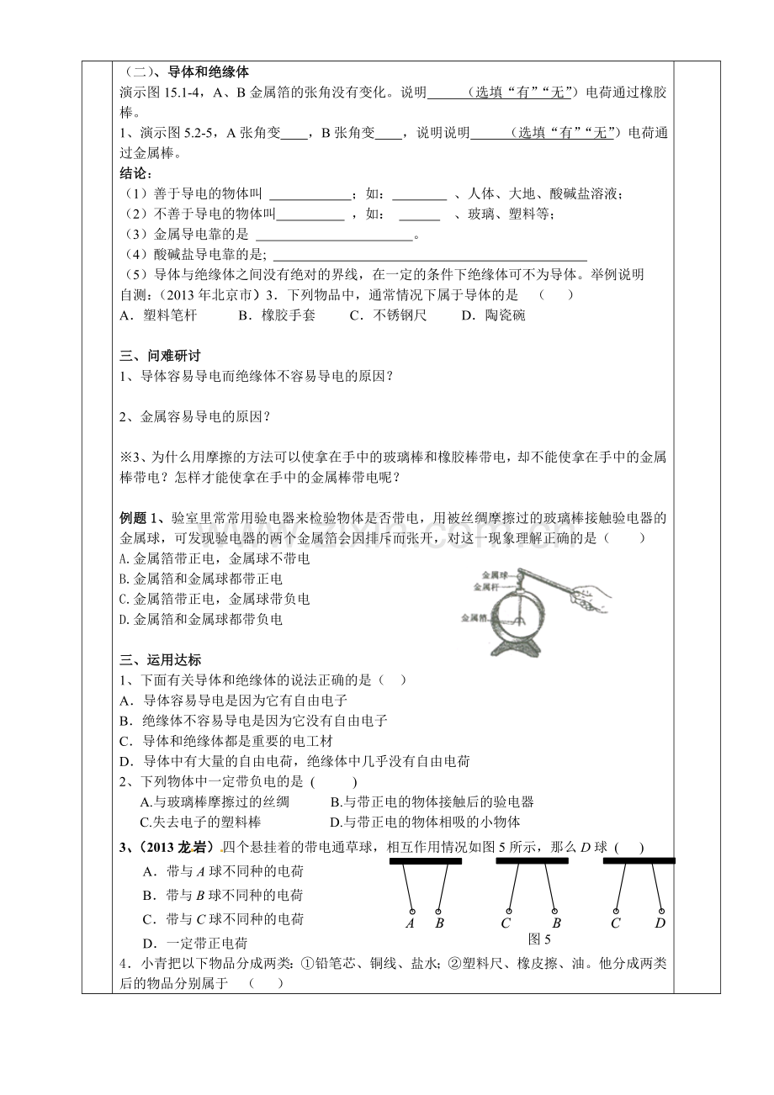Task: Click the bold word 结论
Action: click(x=135, y=173)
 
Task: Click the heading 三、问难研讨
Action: click(x=161, y=357)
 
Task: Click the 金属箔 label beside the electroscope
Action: click(x=473, y=618)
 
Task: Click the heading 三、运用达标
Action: click(x=161, y=660)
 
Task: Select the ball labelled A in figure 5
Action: click(x=411, y=910)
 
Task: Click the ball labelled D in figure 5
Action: click(x=661, y=911)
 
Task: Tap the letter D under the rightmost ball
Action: click(x=660, y=923)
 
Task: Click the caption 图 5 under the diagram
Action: click(x=538, y=938)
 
